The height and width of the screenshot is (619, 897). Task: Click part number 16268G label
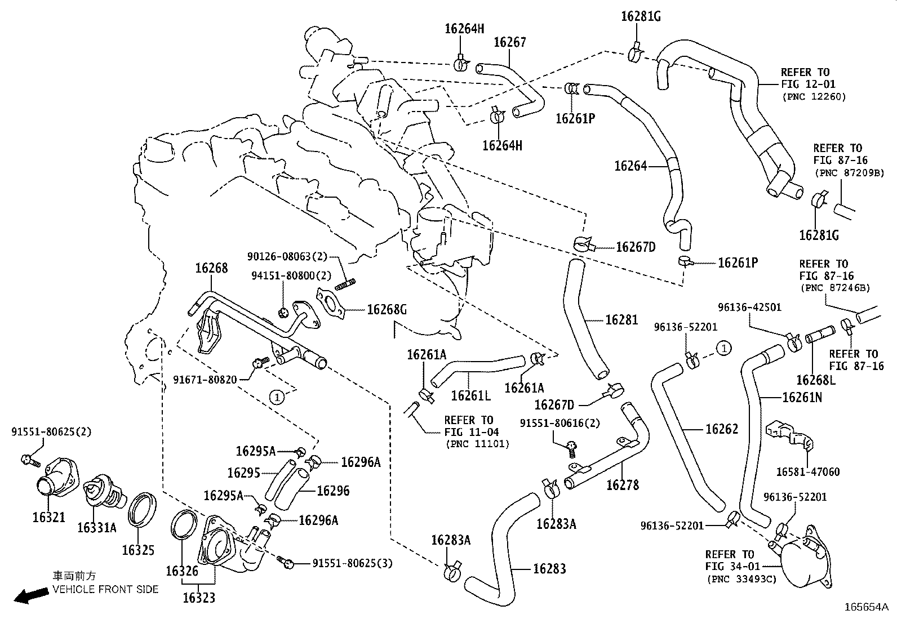coord(387,310)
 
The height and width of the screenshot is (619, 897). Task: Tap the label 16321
coord(48,518)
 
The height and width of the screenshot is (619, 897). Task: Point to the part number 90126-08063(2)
coord(287,256)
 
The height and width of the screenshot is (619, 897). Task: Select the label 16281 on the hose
coord(621,320)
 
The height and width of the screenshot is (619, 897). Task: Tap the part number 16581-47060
coord(807,472)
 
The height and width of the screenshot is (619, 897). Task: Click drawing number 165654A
coord(865,607)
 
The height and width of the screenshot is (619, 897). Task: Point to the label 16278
coord(623,485)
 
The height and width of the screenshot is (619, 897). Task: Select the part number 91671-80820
coord(205,380)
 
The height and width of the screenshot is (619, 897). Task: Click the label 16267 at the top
coord(510,42)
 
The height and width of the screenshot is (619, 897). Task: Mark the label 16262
coord(722,429)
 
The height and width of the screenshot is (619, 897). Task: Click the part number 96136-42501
coord(749,308)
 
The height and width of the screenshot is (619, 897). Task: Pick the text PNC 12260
coord(814,97)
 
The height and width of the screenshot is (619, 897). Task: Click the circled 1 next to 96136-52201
coord(725,348)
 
